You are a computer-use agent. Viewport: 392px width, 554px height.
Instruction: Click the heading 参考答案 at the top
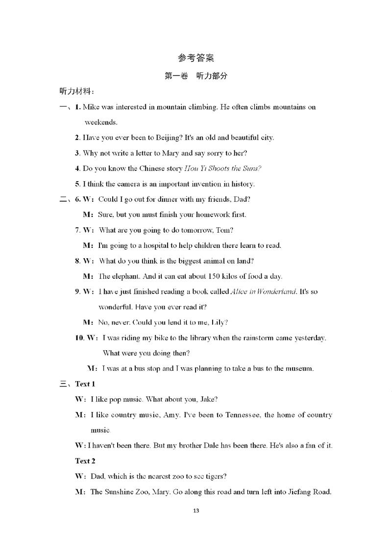coord(196,58)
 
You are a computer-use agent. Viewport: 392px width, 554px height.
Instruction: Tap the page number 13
coord(196,511)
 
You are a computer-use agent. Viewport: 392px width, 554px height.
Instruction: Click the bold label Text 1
coord(85,384)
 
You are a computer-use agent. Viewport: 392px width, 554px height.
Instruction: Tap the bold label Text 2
coord(85,461)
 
